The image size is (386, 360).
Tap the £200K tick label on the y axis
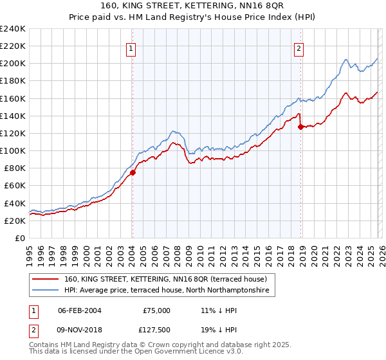point(13,64)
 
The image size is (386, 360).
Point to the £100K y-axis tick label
point(13,150)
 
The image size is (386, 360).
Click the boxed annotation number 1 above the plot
point(131,48)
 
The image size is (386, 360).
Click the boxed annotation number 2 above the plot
point(300,48)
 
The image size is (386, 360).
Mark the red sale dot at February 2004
point(133,172)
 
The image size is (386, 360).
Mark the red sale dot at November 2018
point(300,127)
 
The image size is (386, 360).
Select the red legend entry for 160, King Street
point(170,279)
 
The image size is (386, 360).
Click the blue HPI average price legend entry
point(170,291)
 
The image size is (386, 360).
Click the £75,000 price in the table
point(156,310)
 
